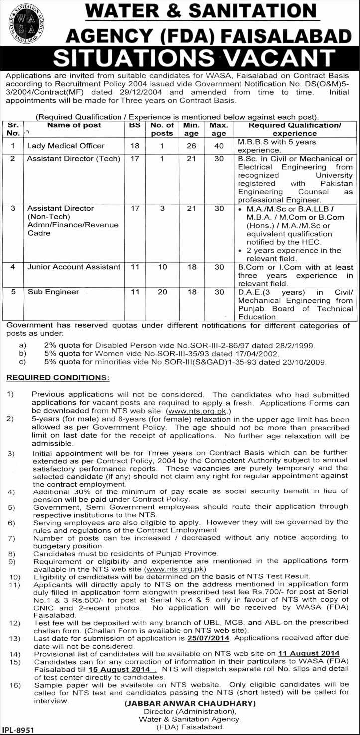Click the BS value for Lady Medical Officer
tap(135, 146)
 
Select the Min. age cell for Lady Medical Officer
tap(191, 146)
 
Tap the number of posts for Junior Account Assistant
tap(163, 267)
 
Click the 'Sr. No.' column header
tap(13, 129)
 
